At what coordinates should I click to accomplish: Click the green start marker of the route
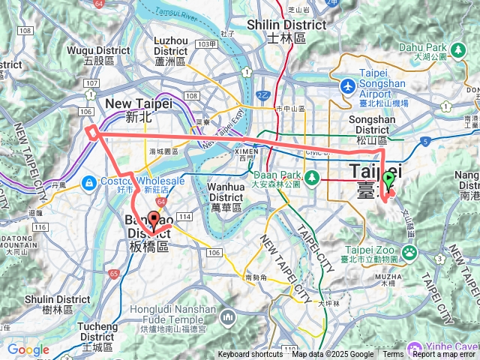[x=388, y=179]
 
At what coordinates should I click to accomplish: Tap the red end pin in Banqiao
[x=154, y=220]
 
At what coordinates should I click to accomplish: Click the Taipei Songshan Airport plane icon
[x=347, y=85]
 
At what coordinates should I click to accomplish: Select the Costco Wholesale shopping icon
[x=88, y=181]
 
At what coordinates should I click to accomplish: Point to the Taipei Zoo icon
[x=410, y=253]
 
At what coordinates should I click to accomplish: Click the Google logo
[x=28, y=349]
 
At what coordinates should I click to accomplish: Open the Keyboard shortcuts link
[x=251, y=355]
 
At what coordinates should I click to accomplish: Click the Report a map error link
[x=445, y=355]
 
